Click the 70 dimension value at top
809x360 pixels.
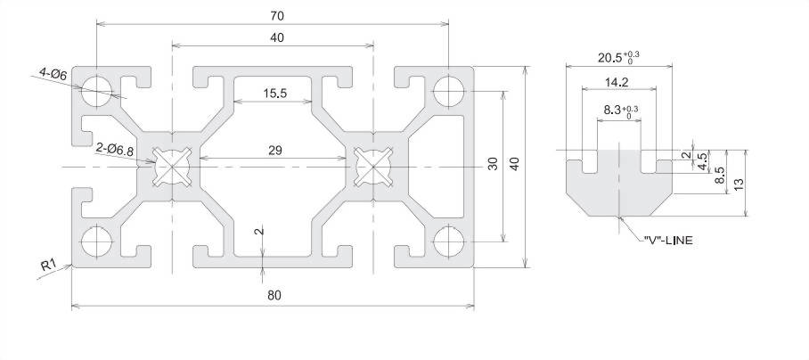click(x=276, y=16)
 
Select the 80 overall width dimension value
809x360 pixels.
click(x=274, y=295)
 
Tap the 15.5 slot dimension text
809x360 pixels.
click(x=275, y=94)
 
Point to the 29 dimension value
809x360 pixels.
click(x=275, y=151)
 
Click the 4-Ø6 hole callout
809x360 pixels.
click(x=53, y=74)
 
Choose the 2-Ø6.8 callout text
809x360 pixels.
click(x=115, y=151)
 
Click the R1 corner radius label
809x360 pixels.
click(x=48, y=266)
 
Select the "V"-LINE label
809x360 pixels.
click(x=668, y=240)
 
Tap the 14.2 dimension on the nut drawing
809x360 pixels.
click(x=619, y=81)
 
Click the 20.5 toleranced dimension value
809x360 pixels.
click(x=618, y=57)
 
